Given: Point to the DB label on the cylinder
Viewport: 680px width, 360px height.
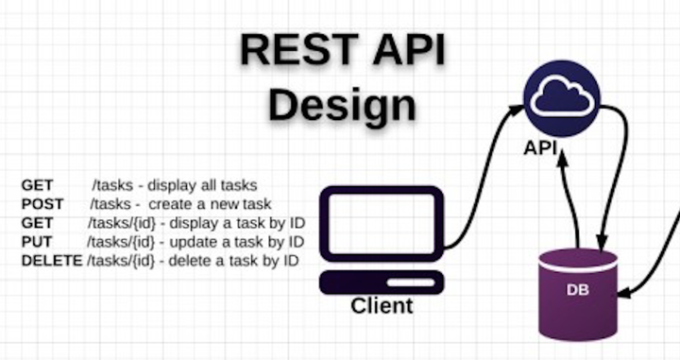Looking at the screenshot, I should [577, 289].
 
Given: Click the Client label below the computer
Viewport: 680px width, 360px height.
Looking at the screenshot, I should [382, 306].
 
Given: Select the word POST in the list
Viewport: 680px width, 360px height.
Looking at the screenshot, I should [42, 204].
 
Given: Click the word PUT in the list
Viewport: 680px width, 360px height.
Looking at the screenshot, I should [37, 241].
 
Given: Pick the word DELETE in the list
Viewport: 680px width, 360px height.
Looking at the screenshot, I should [51, 259].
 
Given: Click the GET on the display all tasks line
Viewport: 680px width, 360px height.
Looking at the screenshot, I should [37, 185].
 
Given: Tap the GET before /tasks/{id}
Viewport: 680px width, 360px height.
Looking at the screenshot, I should [37, 223].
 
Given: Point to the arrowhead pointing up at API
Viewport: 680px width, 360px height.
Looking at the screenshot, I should [563, 159].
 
